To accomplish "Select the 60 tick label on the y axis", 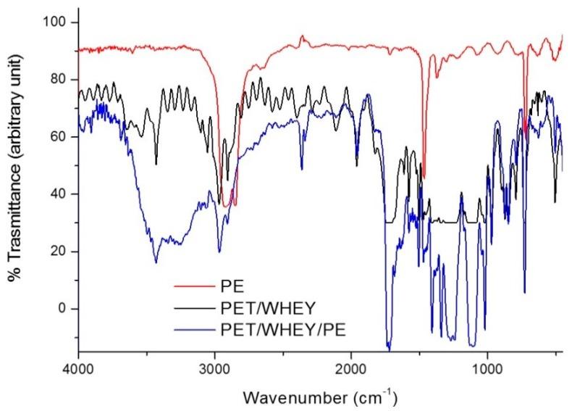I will coord(59,137).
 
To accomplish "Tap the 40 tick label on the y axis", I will coord(59,194).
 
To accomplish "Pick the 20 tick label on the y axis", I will coord(59,252).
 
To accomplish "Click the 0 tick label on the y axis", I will coord(62,309).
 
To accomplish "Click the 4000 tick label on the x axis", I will coord(79,368).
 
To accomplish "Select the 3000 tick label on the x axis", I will coord(215,368).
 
